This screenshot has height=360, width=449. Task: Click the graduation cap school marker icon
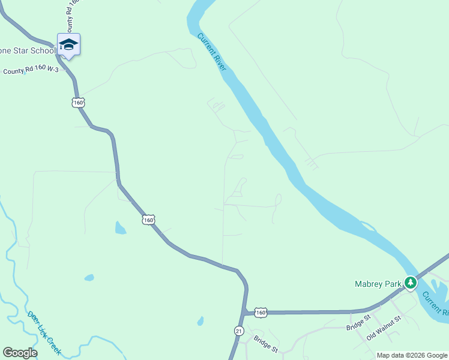tap(68, 45)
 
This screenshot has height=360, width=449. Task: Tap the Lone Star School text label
tap(28, 51)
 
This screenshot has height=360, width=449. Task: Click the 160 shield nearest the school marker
tap(78, 103)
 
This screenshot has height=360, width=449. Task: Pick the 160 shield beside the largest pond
tap(149, 220)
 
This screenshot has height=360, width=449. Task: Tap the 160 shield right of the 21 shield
tap(260, 312)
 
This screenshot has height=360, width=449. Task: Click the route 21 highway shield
tap(239, 331)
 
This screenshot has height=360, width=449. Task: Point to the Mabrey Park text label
tap(377, 283)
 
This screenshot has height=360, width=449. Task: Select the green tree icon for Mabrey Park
tap(411, 282)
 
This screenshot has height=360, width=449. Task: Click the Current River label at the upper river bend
tap(212, 52)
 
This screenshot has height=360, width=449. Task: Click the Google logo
tap(20, 353)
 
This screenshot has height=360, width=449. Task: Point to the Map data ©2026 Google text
tap(411, 355)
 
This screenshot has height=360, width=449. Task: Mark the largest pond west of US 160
tap(120, 228)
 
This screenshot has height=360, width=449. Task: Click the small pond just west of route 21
tap(200, 321)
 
